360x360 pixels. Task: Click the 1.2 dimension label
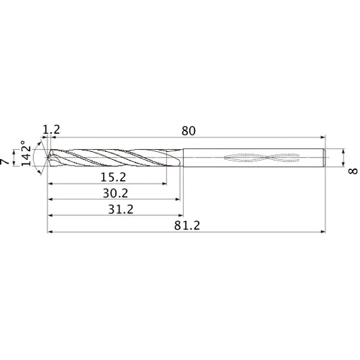pos(52,130)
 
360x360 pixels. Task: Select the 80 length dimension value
pos(189,130)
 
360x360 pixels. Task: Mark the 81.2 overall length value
pos(186,226)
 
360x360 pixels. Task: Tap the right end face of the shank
pos(326,157)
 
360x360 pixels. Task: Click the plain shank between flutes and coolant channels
pos(205,157)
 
